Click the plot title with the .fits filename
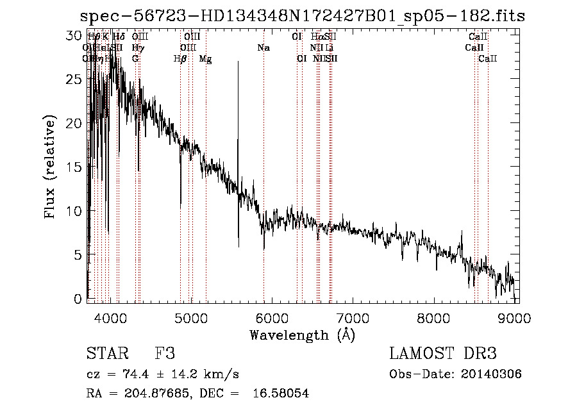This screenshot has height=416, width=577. click(302, 16)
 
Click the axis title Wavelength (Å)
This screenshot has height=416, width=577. click(302, 335)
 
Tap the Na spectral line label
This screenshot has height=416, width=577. click(263, 48)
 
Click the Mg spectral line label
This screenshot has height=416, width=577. click(205, 59)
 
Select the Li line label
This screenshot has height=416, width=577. click(330, 48)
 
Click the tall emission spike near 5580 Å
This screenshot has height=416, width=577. click(238, 64)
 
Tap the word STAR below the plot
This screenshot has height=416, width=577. click(103, 354)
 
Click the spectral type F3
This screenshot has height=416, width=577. click(165, 354)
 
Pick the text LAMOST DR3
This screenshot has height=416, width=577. click(442, 354)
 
